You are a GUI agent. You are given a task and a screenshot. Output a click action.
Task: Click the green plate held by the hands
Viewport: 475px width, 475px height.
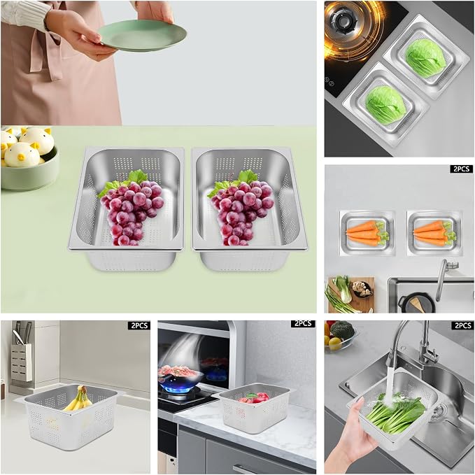pyautogui.click(x=143, y=36)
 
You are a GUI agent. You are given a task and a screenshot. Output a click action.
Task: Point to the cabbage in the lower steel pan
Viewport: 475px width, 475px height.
pyautogui.click(x=385, y=104)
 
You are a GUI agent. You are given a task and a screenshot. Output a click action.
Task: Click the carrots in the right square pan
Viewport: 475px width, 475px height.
pyautogui.click(x=435, y=233)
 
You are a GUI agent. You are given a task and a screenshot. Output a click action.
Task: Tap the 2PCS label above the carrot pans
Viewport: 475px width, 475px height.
pyautogui.click(x=462, y=169)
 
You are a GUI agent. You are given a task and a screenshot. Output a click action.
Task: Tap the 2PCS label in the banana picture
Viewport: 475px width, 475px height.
pyautogui.click(x=139, y=325)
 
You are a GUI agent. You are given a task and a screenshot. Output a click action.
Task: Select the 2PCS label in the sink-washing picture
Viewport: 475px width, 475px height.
pyautogui.click(x=462, y=325)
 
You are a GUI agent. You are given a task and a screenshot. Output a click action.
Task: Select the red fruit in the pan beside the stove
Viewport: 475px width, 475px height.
pyautogui.click(x=254, y=397)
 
